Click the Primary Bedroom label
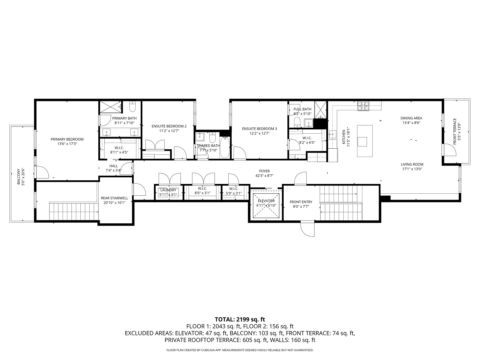coord(67,139)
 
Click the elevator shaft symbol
coord(266,207)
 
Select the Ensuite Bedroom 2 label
coord(169,126)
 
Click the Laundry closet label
coord(168,190)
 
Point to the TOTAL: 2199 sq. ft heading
coord(240,319)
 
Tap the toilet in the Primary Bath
coord(132,107)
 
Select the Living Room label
coord(412,164)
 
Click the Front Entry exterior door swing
coord(307,230)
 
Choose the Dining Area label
coord(411,118)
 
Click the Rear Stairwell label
coord(114,198)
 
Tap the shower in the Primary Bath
coord(110,107)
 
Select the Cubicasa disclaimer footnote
coord(240,350)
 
